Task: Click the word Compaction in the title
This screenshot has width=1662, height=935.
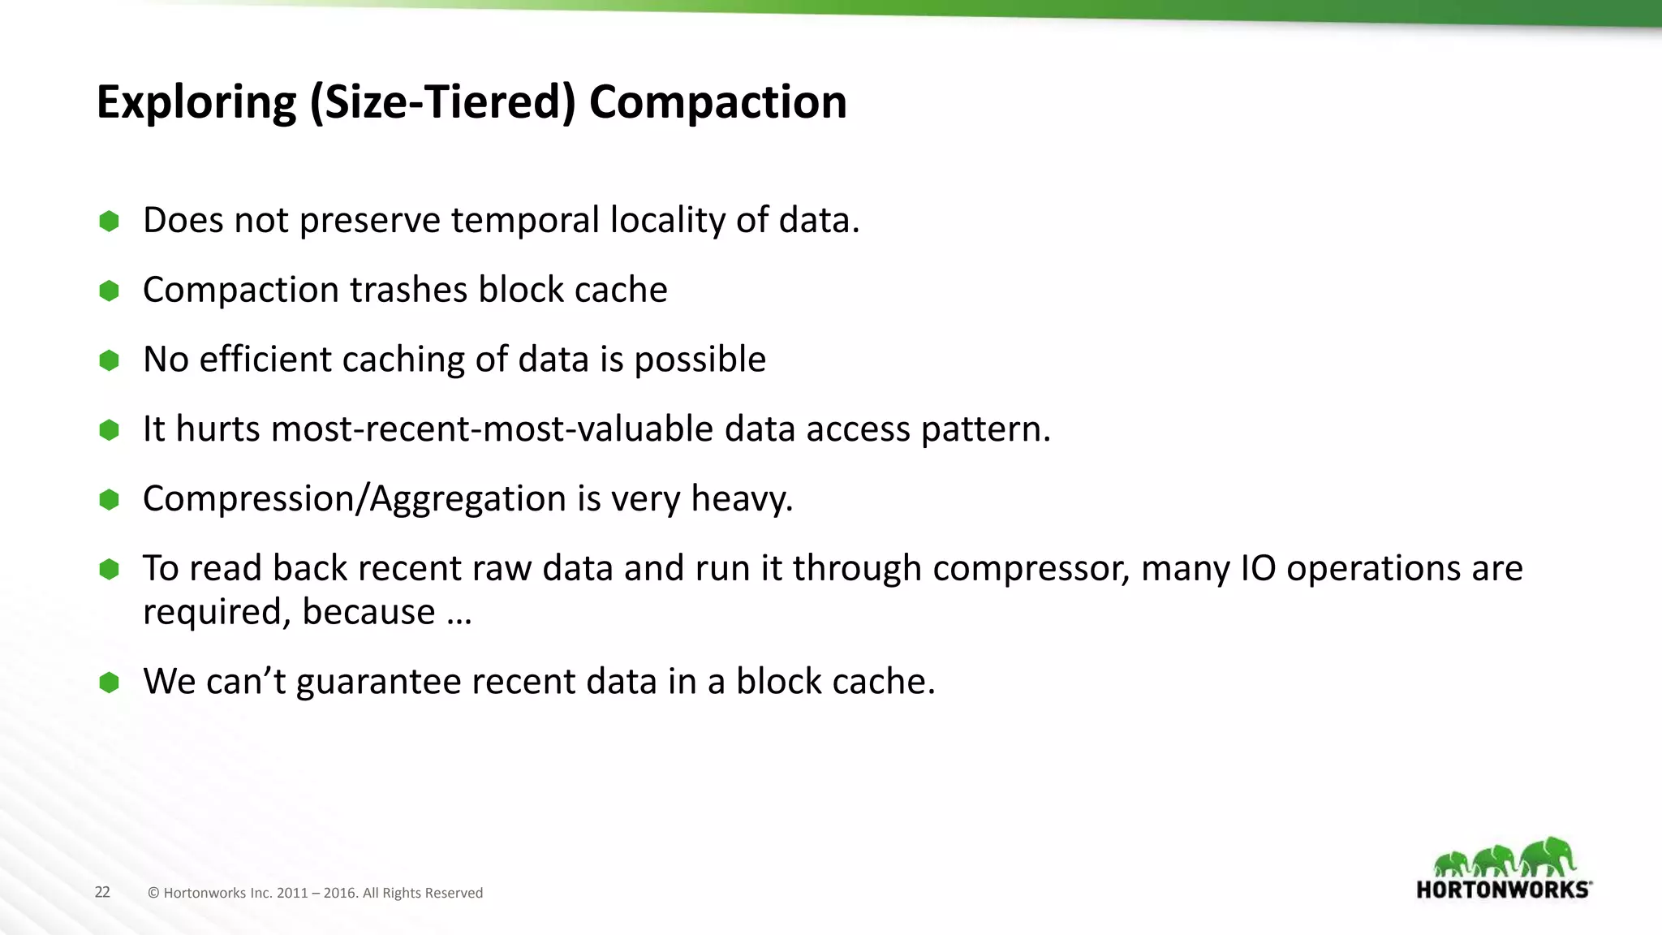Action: (x=717, y=102)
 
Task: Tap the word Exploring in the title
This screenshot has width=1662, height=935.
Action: (x=196, y=102)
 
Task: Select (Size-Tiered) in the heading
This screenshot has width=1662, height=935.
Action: (x=442, y=102)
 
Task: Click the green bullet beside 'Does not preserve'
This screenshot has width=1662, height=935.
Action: (x=109, y=221)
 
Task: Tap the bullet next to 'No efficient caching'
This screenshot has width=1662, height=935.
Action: (x=109, y=360)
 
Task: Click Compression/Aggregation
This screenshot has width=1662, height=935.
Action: (x=354, y=498)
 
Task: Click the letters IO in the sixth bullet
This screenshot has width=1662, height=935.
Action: (x=1258, y=568)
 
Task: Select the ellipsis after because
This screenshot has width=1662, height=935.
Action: (x=459, y=613)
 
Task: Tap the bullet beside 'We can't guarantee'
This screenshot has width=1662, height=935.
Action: (x=109, y=682)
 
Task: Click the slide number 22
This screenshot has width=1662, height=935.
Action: (x=102, y=892)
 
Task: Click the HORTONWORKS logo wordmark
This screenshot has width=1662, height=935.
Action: (x=1503, y=890)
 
